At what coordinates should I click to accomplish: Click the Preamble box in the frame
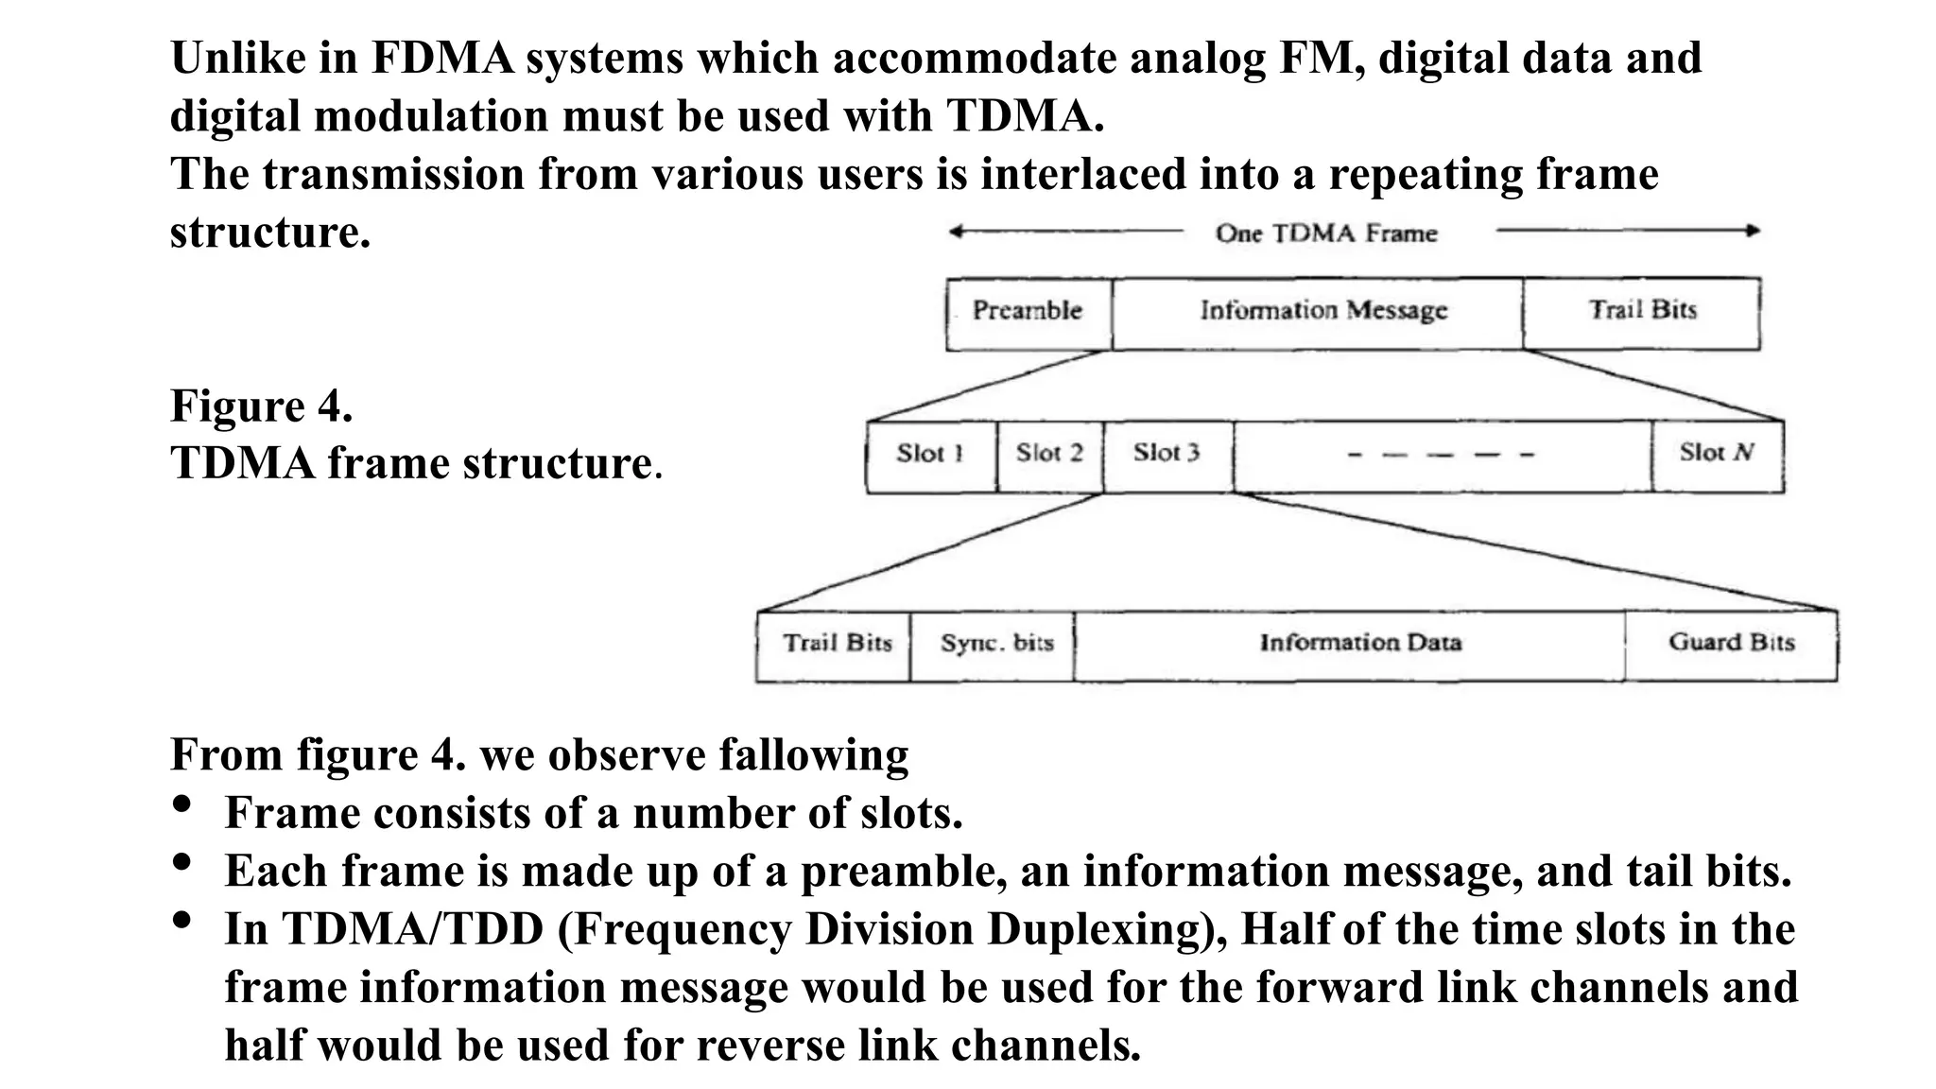pos(1028,313)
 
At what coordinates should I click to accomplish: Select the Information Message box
pos(1318,313)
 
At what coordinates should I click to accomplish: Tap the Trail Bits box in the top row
pos(1642,313)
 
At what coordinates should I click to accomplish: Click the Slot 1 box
pos(931,456)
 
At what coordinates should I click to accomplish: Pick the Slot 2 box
pos(1049,456)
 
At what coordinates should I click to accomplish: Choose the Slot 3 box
pos(1167,456)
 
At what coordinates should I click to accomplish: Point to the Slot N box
pos(1718,456)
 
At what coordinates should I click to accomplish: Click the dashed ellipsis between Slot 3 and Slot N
pos(1441,456)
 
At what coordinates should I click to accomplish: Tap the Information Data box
pos(1359,646)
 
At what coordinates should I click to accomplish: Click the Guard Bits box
pos(1732,646)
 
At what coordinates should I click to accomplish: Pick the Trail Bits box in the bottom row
pos(836,646)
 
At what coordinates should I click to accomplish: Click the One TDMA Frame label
pos(1325,233)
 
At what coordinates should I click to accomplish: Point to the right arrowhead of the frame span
pos(1754,231)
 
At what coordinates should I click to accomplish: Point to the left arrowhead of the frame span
pos(956,232)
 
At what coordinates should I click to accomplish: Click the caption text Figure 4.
pos(262,406)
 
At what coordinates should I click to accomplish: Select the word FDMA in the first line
pos(441,59)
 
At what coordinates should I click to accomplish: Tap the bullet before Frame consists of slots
pos(182,804)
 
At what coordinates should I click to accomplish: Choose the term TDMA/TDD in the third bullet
pos(412,929)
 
